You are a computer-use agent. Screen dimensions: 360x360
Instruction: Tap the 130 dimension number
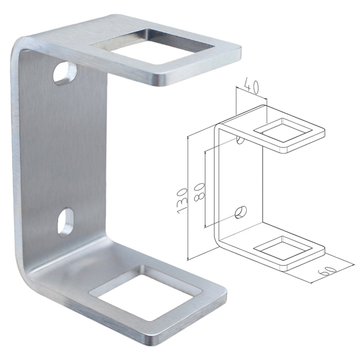(x=183, y=201)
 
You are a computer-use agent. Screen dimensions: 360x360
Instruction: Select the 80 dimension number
(x=199, y=192)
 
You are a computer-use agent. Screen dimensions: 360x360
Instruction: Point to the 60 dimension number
(x=327, y=270)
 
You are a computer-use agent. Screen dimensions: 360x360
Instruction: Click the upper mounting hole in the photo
(x=65, y=73)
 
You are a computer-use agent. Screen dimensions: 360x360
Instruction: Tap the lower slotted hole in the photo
(x=66, y=222)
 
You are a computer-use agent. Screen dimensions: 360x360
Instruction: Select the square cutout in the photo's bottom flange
(x=145, y=293)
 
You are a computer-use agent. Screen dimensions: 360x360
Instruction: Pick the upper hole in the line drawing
(x=240, y=139)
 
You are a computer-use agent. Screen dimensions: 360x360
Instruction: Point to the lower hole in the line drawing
(x=241, y=212)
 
